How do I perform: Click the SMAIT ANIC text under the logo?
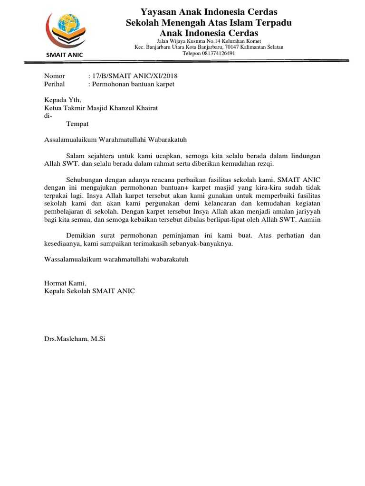click(64, 55)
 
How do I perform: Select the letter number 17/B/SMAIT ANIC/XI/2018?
click(135, 76)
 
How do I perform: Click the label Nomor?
click(54, 76)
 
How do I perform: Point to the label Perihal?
click(54, 84)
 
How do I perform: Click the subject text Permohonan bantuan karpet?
click(134, 84)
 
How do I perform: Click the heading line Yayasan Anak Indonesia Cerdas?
click(209, 11)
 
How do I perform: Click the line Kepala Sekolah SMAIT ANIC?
click(89, 291)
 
